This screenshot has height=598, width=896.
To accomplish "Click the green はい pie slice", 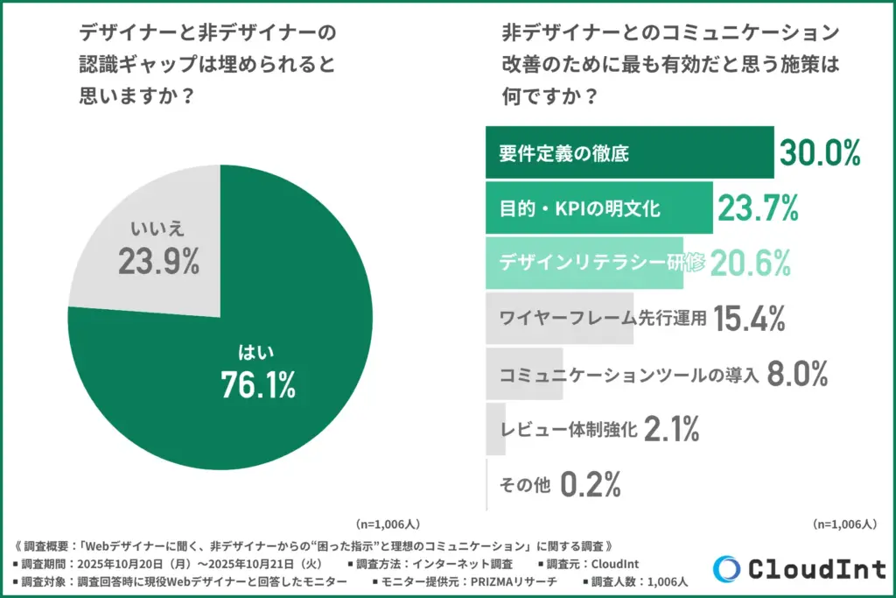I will [262, 350].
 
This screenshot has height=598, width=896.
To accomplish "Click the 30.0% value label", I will [820, 153].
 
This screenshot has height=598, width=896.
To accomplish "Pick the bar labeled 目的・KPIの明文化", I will [598, 209].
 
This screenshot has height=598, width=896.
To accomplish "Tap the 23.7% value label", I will [758, 209].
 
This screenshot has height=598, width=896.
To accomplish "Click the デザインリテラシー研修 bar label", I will [602, 264].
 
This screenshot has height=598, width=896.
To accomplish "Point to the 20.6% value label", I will [751, 264].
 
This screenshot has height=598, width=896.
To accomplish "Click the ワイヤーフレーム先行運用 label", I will [602, 320].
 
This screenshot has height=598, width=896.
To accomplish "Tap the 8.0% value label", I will [796, 375].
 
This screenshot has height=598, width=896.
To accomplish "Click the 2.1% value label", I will [671, 429].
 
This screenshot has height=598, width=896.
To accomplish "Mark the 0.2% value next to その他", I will [590, 483].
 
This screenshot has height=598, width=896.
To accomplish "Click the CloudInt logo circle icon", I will [726, 569].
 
